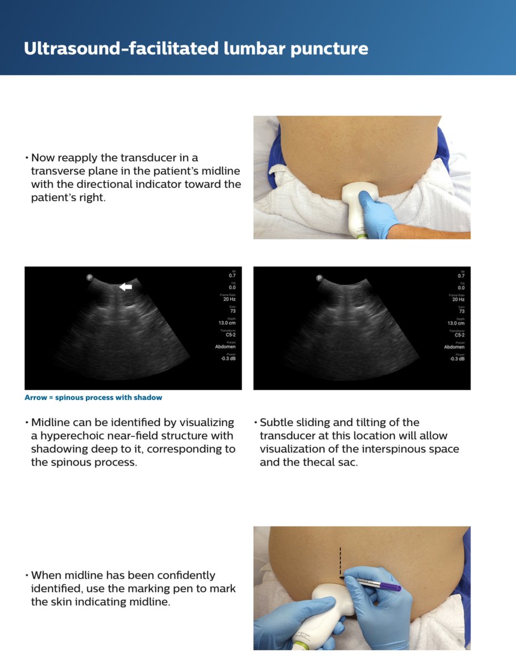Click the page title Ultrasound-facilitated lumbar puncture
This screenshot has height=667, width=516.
[196, 48]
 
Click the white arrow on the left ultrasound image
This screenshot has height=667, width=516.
[127, 287]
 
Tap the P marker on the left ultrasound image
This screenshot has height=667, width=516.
[89, 277]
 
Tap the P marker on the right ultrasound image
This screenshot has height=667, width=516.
[319, 277]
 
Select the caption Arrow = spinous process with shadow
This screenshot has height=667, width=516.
[93, 397]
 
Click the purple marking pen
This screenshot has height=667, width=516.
[378, 584]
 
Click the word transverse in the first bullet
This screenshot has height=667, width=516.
[58, 171]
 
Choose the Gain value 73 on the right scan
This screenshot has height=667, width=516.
[460, 311]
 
